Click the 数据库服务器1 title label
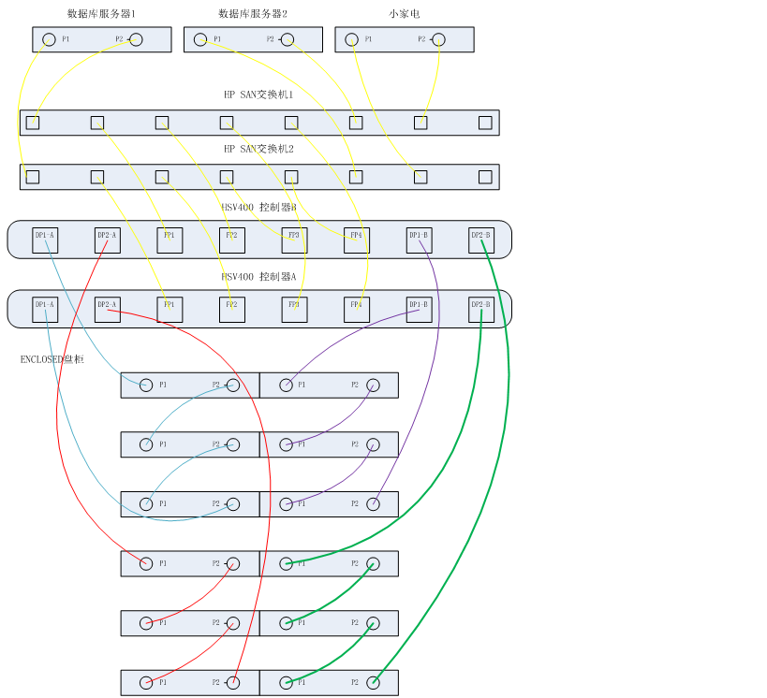[101, 14]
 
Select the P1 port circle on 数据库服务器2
[200, 39]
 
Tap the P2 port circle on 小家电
[438, 39]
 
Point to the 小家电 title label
[405, 14]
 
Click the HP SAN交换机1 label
[258, 95]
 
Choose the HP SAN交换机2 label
[258, 149]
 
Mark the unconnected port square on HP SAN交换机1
[485, 123]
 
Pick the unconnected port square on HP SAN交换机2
[485, 177]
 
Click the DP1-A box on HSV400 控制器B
[45, 240]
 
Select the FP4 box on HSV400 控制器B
[356, 240]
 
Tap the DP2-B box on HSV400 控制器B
[481, 240]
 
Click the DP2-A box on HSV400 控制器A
[108, 310]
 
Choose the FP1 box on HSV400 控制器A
[170, 310]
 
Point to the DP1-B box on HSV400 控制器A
[419, 310]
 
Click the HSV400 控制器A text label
[258, 277]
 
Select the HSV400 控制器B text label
[258, 208]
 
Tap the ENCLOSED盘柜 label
[52, 359]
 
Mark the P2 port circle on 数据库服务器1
[136, 39]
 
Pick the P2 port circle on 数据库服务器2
[288, 39]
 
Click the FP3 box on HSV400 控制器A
[294, 310]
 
